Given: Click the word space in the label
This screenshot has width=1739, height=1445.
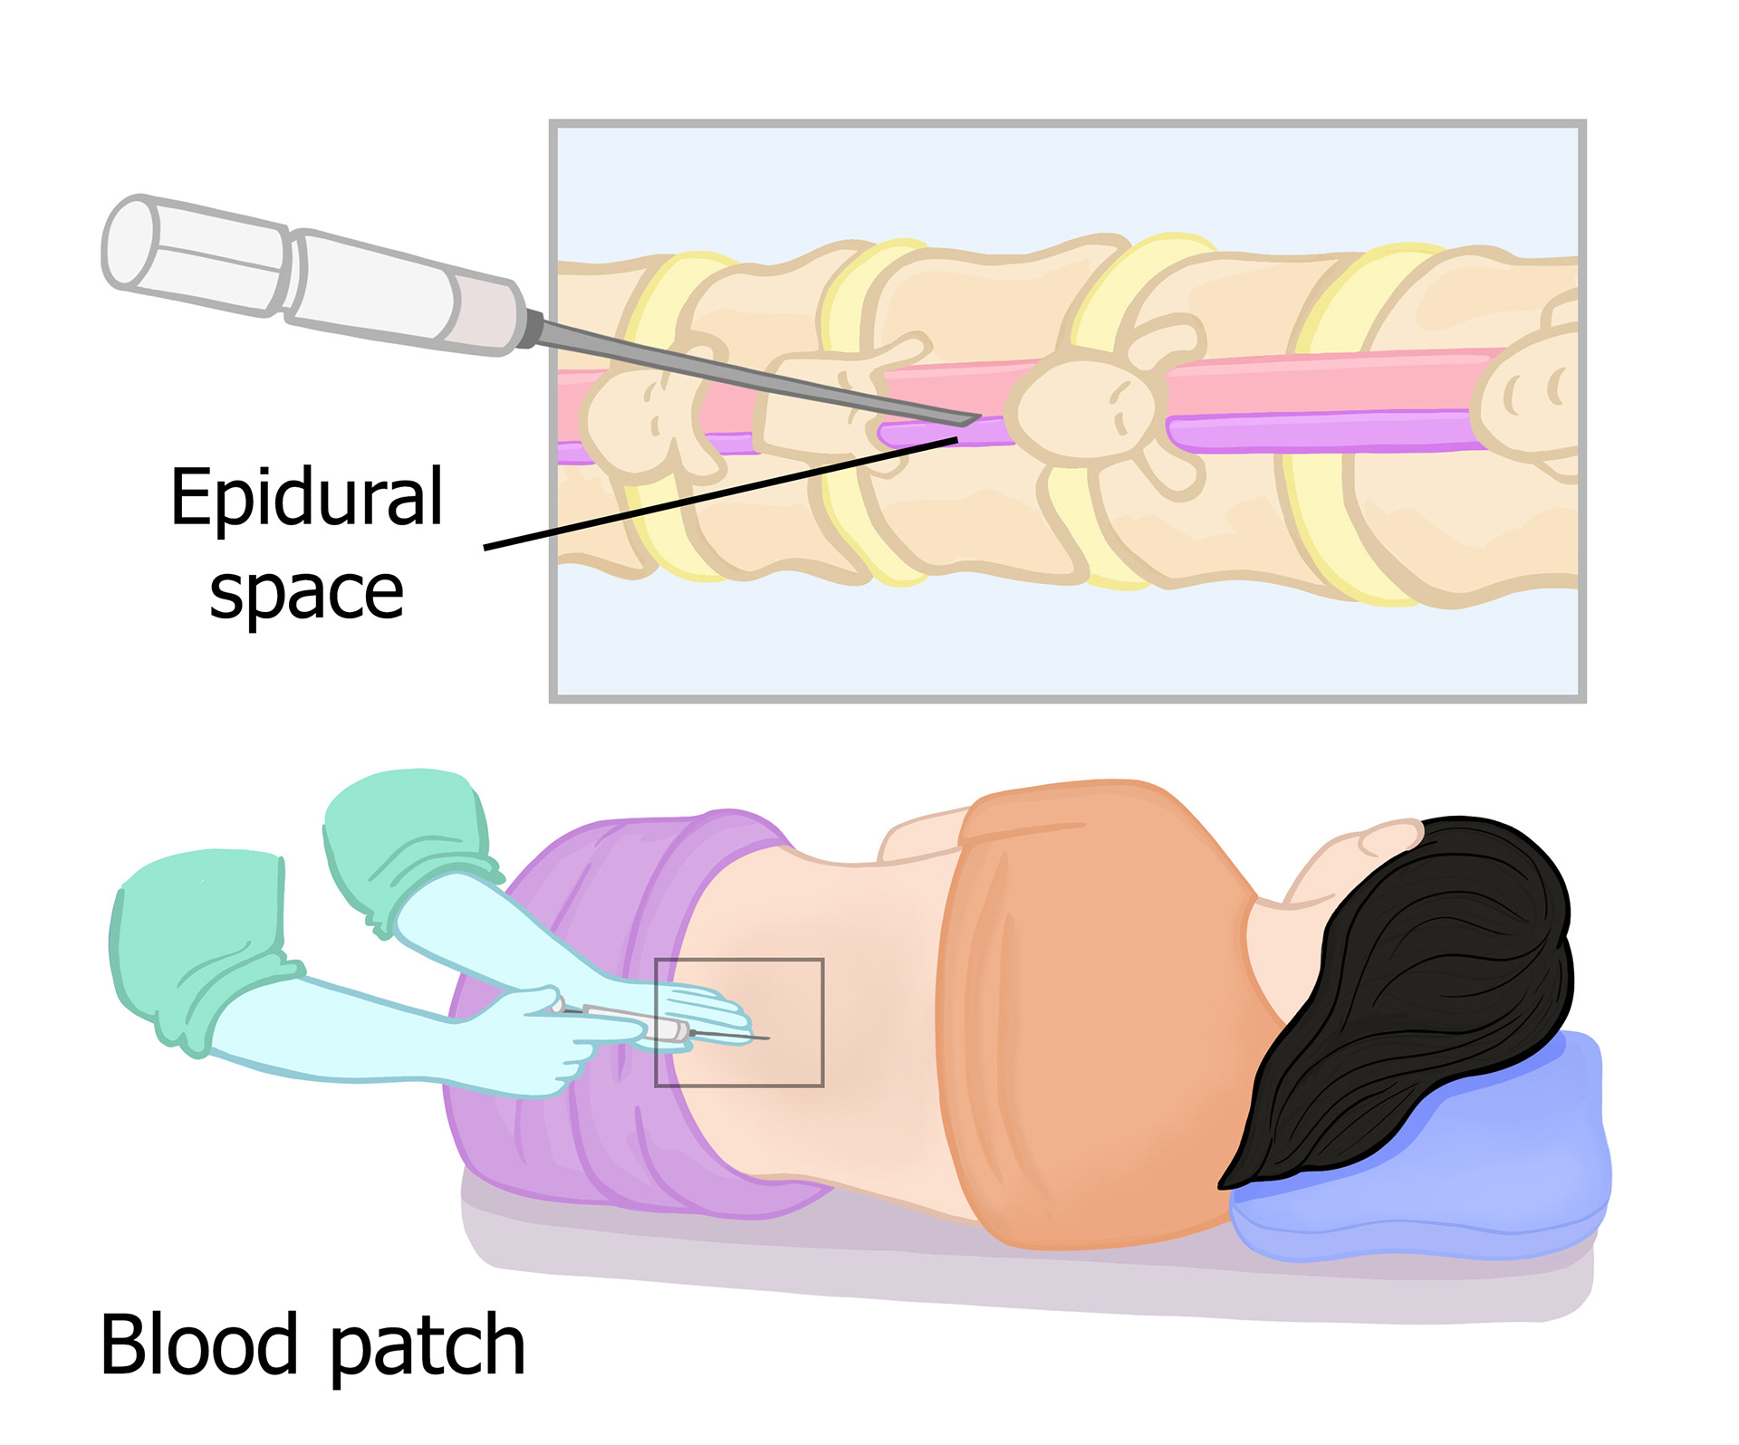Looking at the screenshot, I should click(x=306, y=593).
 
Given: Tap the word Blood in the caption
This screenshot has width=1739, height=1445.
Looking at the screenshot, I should click(x=198, y=1345).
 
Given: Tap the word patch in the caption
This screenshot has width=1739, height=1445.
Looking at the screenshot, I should click(x=427, y=1347).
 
